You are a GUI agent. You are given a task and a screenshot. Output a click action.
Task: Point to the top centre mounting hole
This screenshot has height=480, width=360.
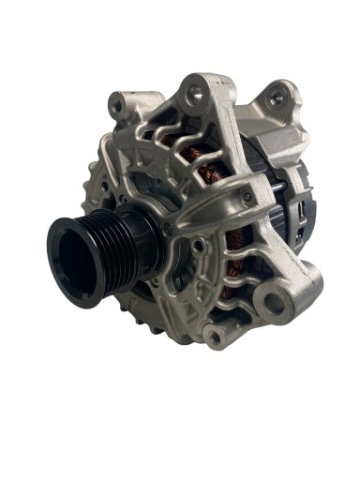pyautogui.click(x=195, y=93)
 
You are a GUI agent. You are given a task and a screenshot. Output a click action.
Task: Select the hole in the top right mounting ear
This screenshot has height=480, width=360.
pyautogui.click(x=276, y=97)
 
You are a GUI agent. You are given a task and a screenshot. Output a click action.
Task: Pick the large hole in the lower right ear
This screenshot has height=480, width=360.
pyautogui.click(x=273, y=303)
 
